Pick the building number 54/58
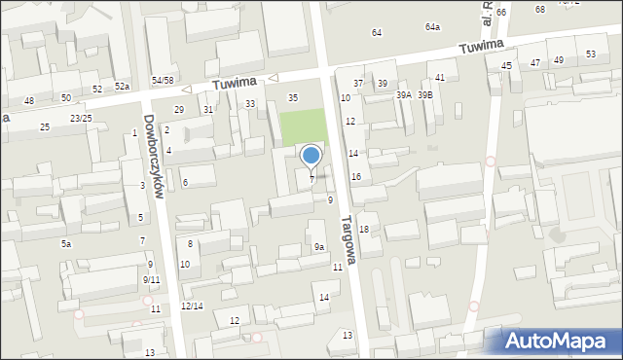[163, 80]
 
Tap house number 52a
[122, 87]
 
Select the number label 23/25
[81, 119]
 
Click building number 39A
[404, 95]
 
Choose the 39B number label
[425, 95]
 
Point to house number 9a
[318, 247]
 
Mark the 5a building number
[66, 243]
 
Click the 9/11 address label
[151, 280]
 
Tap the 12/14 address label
[192, 306]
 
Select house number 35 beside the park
[293, 98]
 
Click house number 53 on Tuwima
[591, 54]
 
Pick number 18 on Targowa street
[363, 230]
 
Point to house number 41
[440, 77]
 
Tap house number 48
[29, 101]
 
